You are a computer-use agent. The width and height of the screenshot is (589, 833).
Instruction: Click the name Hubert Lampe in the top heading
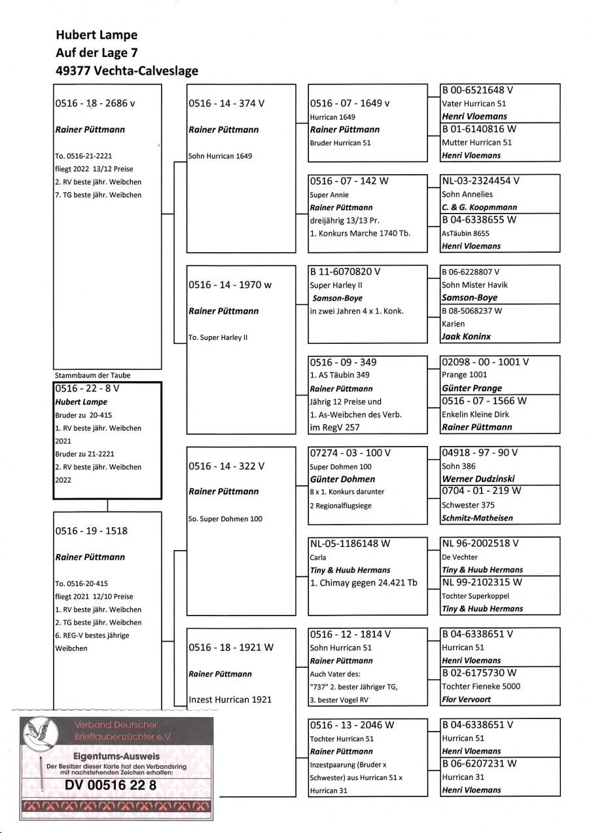pos(97,35)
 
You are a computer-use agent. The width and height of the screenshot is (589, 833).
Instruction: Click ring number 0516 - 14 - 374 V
pos(226,103)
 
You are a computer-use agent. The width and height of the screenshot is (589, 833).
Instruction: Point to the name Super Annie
pos(329,194)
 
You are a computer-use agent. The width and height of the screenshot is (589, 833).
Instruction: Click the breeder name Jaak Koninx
pos(466,337)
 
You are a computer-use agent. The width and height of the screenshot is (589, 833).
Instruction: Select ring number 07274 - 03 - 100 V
pos(351,453)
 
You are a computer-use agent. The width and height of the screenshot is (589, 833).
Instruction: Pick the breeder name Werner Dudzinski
pos(479,479)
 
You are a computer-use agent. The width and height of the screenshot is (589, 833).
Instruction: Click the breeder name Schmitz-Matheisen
pos(477,518)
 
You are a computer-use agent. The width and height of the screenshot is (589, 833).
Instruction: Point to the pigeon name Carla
pos(317,557)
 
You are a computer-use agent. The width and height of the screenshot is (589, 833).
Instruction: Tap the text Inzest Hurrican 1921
pos(230,699)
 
